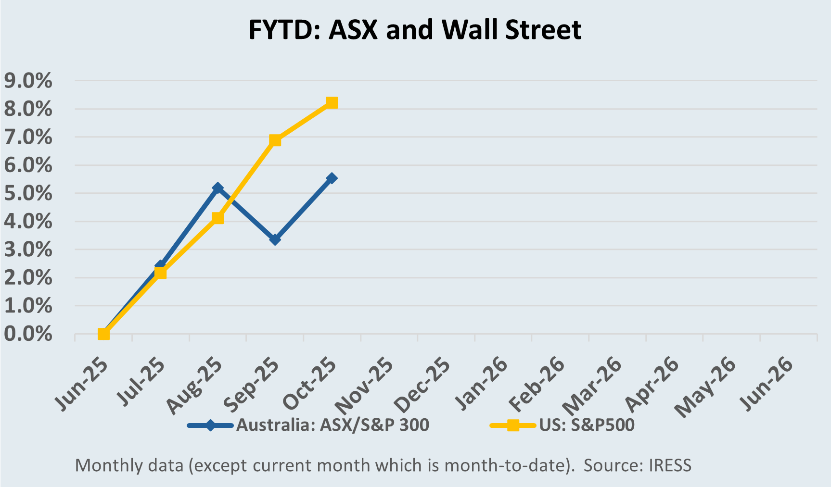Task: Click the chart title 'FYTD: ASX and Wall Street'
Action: (x=415, y=30)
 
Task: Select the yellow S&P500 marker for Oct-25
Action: (x=332, y=103)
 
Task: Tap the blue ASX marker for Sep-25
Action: (x=275, y=239)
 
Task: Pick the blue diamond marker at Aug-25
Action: (x=217, y=188)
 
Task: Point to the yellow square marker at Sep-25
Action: (x=275, y=140)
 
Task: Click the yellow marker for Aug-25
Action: (x=217, y=218)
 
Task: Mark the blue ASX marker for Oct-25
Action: (x=332, y=178)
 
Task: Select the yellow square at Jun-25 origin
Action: (x=103, y=334)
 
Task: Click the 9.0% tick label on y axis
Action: (x=28, y=81)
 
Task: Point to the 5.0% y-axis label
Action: (x=28, y=193)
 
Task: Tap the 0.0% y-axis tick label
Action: (x=28, y=334)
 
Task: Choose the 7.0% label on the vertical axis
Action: (x=28, y=137)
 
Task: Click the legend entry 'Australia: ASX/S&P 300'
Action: (x=332, y=425)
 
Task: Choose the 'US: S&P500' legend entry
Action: (x=587, y=425)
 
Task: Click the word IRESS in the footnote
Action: (x=670, y=465)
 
